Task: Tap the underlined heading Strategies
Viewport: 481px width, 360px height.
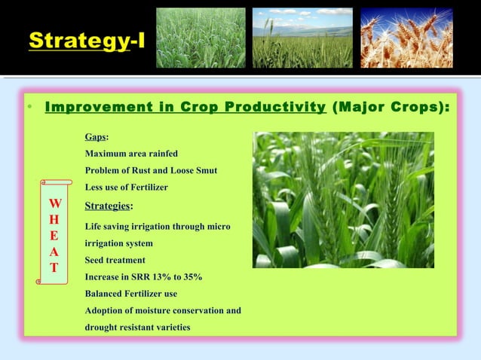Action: (x=109, y=206)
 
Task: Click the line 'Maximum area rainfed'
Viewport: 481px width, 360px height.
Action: (x=131, y=154)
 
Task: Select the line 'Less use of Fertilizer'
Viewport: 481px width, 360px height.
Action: (x=126, y=187)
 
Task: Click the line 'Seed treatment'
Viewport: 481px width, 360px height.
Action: (x=115, y=260)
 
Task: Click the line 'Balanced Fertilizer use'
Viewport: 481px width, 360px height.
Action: (x=131, y=293)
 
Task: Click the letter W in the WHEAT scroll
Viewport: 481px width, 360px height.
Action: (x=55, y=204)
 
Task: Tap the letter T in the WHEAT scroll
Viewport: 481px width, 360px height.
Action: (x=55, y=268)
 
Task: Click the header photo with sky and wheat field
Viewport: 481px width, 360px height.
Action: (x=302, y=38)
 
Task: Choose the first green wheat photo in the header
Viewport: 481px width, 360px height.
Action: (x=201, y=38)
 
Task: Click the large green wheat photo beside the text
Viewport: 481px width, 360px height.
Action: (x=343, y=200)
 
